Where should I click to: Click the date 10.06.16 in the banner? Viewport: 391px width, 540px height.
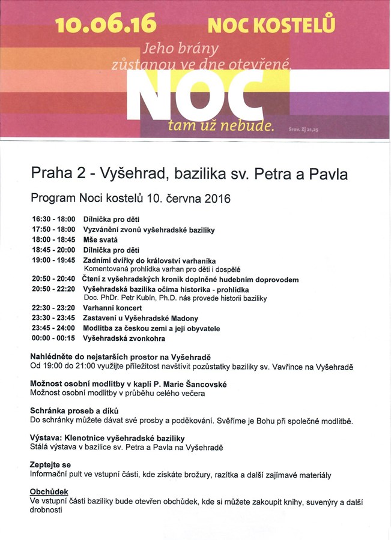coord(106,25)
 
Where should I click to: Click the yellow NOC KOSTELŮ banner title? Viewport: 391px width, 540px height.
coord(271,25)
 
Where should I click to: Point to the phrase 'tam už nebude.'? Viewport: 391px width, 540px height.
coord(220,127)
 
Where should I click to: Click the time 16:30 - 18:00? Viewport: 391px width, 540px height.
coord(53,220)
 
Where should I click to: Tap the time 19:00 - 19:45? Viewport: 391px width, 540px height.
coord(53,260)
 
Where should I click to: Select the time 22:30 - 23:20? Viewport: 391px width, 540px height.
coord(53,308)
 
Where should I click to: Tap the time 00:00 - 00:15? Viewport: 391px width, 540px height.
coord(53,338)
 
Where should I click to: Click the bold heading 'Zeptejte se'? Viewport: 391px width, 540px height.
coord(50,465)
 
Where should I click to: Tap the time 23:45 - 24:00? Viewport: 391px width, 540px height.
coord(53,328)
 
